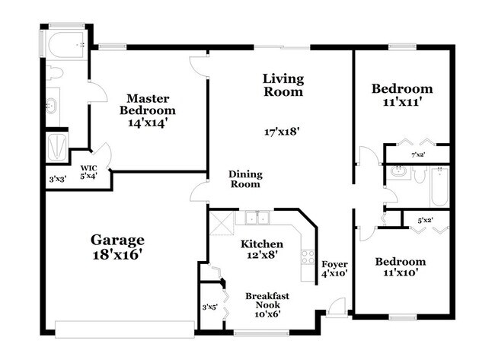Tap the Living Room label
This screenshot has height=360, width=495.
point(283,85)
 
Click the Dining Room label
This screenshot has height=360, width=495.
point(244,179)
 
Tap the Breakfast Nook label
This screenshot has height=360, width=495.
point(267,301)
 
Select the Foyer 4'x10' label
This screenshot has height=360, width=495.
point(334,269)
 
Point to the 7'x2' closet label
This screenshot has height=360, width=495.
point(418,155)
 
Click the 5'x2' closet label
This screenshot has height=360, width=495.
point(425,221)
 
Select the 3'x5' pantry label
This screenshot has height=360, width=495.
point(209,307)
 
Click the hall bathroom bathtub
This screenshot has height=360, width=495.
point(439,186)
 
